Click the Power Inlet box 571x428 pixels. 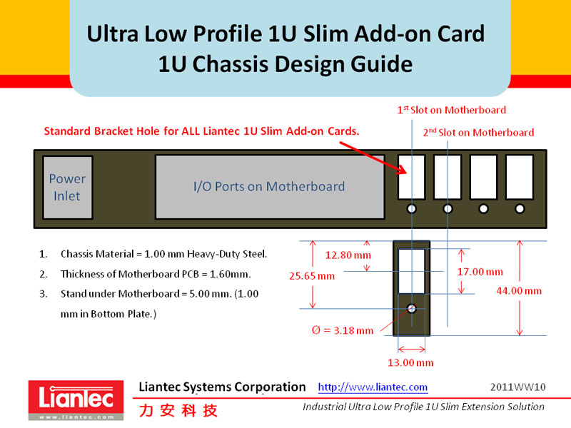[68, 187]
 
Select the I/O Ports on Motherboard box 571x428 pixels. [269, 187]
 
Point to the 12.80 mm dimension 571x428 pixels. [348, 255]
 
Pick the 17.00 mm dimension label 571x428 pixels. [480, 272]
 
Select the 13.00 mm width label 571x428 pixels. [410, 363]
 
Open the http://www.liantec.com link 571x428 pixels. [373, 387]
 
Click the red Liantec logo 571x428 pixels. [71, 400]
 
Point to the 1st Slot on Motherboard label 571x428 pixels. [451, 110]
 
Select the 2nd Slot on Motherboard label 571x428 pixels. [478, 132]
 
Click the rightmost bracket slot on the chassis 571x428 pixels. [520, 178]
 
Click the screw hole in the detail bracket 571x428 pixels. [412, 309]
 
